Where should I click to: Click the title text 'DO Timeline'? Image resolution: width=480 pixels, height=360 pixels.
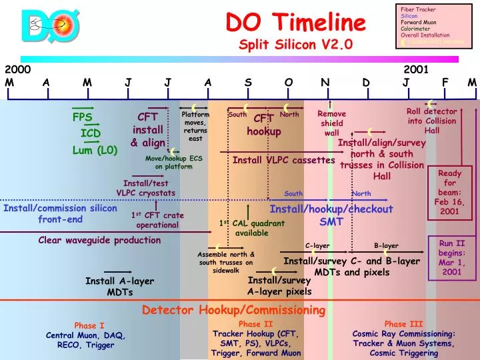(x=296, y=23)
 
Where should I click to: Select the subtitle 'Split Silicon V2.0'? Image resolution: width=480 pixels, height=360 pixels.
(x=296, y=45)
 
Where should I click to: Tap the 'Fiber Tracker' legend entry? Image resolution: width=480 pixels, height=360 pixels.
(x=418, y=9)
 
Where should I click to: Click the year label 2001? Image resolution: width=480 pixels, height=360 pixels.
(x=415, y=69)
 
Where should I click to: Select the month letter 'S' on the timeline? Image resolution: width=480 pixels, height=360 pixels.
(x=248, y=82)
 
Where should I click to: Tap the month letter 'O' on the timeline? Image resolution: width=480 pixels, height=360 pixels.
(x=289, y=82)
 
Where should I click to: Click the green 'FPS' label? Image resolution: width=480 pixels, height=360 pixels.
(x=83, y=118)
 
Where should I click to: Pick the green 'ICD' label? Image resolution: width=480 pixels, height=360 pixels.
(x=91, y=133)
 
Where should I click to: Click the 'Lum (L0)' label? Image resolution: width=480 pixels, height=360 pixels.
(x=95, y=150)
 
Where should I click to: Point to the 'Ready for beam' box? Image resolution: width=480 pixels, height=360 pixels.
(x=449, y=192)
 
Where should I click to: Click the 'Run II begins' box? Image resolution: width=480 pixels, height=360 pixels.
(x=451, y=257)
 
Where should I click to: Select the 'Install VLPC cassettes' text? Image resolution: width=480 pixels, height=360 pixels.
(x=283, y=160)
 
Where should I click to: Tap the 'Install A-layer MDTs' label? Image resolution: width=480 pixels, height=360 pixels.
(x=120, y=286)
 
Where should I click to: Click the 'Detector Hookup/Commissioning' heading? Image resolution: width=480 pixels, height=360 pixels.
(x=233, y=310)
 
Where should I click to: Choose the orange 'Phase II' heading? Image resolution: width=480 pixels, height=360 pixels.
(x=256, y=324)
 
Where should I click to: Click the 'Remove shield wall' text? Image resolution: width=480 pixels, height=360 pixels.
(x=331, y=123)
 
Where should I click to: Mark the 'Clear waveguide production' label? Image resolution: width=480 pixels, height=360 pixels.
(x=90, y=240)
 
